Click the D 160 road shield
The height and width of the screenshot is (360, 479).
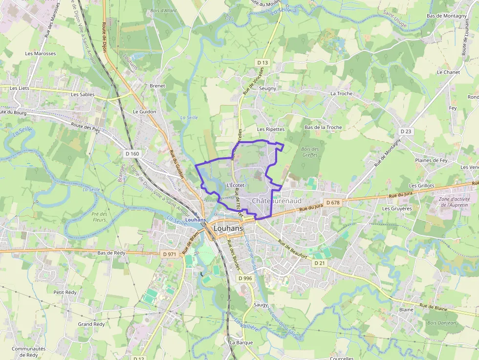click(x=132, y=154)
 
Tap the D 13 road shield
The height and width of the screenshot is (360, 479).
click(x=263, y=63)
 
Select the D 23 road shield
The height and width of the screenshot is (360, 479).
click(x=406, y=131)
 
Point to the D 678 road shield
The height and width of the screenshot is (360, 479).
click(x=332, y=203)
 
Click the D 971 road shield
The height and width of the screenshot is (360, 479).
click(x=169, y=254)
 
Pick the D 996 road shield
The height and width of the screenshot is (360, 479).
click(x=245, y=278)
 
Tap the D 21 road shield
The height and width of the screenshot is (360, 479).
click(x=320, y=263)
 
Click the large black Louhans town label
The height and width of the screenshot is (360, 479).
click(x=228, y=228)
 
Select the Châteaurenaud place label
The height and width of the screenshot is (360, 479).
click(x=277, y=201)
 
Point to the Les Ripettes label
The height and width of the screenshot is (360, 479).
click(x=271, y=129)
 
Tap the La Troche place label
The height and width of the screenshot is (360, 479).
click(x=341, y=93)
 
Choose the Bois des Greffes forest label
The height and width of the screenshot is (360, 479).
click(x=310, y=152)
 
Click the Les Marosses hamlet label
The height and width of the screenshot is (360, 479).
click(x=41, y=54)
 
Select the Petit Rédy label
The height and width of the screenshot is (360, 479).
click(x=65, y=292)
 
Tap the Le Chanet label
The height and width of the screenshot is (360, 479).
click(x=448, y=72)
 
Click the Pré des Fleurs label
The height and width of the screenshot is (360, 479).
click(x=99, y=216)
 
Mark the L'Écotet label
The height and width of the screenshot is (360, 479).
click(x=236, y=186)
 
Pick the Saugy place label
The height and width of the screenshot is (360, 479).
click(x=261, y=305)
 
